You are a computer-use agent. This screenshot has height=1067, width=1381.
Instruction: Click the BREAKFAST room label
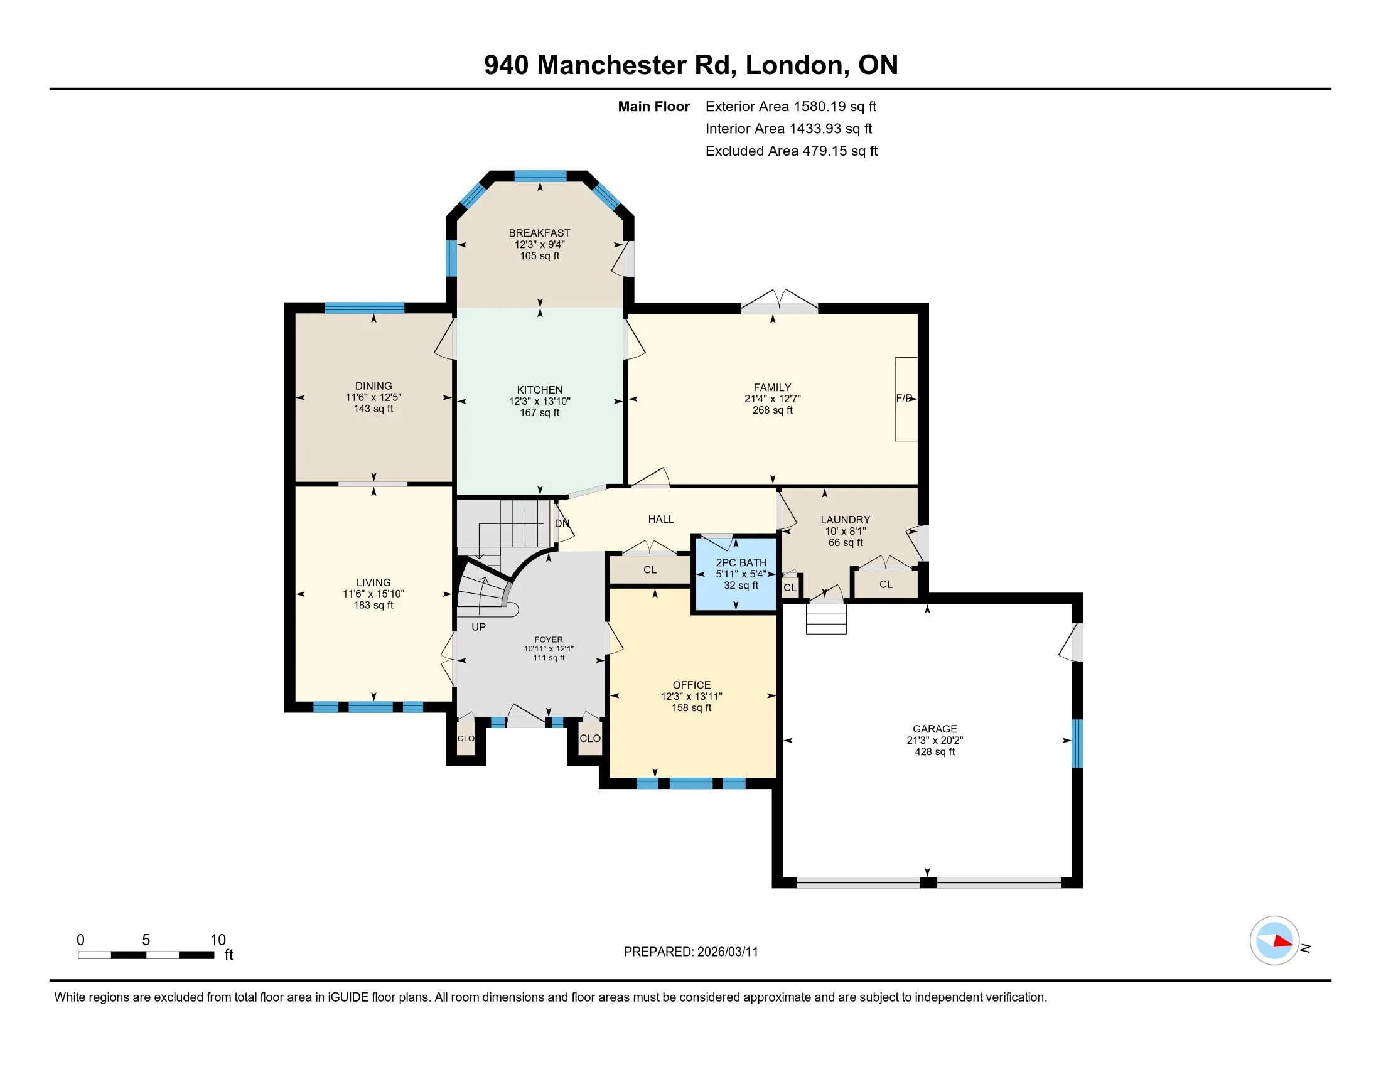click(x=539, y=233)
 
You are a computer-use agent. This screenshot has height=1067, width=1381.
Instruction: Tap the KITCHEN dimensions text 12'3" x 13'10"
click(x=539, y=402)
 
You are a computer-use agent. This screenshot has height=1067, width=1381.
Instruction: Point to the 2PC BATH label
click(x=741, y=562)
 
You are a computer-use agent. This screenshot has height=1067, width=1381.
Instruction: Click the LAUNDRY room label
click(x=846, y=520)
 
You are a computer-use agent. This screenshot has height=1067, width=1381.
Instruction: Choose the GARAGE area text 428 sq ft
click(x=935, y=751)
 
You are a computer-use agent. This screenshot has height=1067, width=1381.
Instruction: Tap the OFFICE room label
click(x=692, y=685)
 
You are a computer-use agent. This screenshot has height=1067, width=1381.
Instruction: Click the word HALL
click(x=661, y=519)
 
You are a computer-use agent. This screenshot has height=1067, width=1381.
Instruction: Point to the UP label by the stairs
click(x=479, y=627)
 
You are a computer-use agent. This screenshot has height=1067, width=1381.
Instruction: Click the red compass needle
click(x=1283, y=941)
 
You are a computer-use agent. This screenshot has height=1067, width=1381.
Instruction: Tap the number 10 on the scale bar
click(x=218, y=940)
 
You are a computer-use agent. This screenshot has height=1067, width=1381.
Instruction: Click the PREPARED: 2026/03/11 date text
click(x=690, y=952)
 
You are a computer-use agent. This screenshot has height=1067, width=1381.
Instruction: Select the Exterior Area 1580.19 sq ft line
click(x=791, y=107)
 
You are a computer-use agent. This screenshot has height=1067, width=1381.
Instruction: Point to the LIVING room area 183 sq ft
click(x=373, y=605)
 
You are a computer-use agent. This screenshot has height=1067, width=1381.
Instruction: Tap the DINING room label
click(x=373, y=385)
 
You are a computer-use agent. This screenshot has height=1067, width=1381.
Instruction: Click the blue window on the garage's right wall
click(x=1077, y=743)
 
